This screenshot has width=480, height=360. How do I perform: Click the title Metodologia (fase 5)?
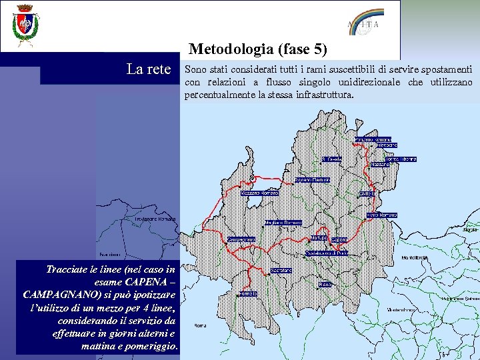coord(258,49)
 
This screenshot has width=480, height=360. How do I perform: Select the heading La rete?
coord(149,69)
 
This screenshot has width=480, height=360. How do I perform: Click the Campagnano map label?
coord(241,239)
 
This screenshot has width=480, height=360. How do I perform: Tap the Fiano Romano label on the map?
coord(382,215)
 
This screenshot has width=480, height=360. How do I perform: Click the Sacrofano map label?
coord(281,270)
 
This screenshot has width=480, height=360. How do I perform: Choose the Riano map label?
coord(325,284)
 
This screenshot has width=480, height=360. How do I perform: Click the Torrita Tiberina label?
coord(399,159)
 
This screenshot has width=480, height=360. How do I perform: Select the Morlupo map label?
coord(319,237)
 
